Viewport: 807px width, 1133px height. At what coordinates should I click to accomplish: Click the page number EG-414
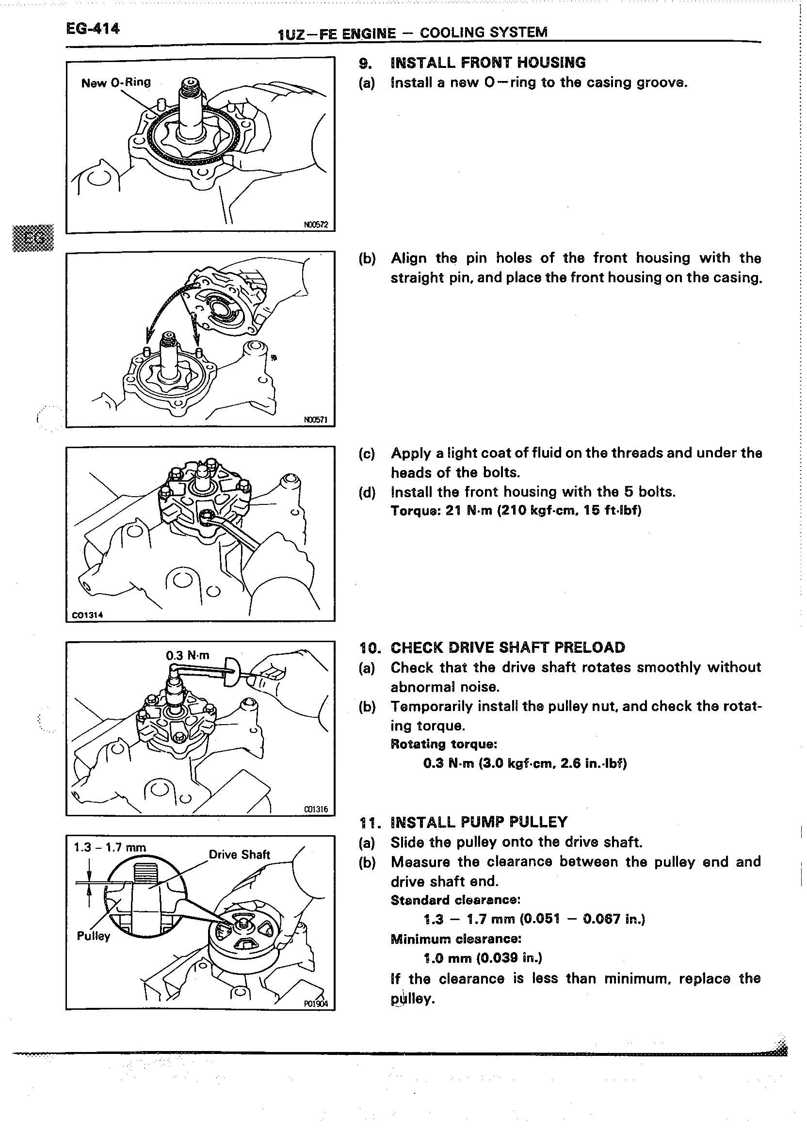pyautogui.click(x=93, y=28)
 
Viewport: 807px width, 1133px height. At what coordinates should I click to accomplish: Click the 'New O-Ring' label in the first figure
pyautogui.click(x=116, y=82)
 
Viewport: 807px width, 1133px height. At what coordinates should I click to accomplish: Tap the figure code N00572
pyautogui.click(x=316, y=225)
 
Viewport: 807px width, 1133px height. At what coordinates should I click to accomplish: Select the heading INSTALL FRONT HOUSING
pyautogui.click(x=488, y=63)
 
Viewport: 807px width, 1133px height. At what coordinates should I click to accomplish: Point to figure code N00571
pyautogui.click(x=316, y=420)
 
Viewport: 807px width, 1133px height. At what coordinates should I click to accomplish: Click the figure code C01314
pyautogui.click(x=87, y=615)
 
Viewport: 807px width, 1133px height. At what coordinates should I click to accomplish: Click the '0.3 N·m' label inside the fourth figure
pyautogui.click(x=187, y=655)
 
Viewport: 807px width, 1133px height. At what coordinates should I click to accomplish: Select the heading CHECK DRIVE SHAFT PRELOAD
pyautogui.click(x=508, y=647)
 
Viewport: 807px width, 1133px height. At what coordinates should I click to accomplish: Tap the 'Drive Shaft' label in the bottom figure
pyautogui.click(x=239, y=854)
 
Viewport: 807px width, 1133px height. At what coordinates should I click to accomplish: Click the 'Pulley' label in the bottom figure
pyautogui.click(x=93, y=936)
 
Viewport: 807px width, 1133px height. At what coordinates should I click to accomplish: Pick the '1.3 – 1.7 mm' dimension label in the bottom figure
pyautogui.click(x=110, y=847)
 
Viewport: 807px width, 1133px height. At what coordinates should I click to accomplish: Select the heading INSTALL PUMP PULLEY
pyautogui.click(x=479, y=822)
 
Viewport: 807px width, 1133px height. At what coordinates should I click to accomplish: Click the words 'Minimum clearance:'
pyautogui.click(x=456, y=939)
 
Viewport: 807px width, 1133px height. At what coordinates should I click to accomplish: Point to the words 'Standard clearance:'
pyautogui.click(x=455, y=900)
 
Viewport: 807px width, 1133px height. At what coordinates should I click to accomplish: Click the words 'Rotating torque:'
pyautogui.click(x=444, y=744)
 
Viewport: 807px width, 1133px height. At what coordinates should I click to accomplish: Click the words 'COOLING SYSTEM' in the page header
pyautogui.click(x=484, y=33)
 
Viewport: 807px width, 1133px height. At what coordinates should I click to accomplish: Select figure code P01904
pyautogui.click(x=316, y=1003)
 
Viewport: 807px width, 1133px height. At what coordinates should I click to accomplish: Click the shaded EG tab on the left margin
pyautogui.click(x=33, y=238)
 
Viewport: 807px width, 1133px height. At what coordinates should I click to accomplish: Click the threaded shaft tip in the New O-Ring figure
pyautogui.click(x=191, y=87)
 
